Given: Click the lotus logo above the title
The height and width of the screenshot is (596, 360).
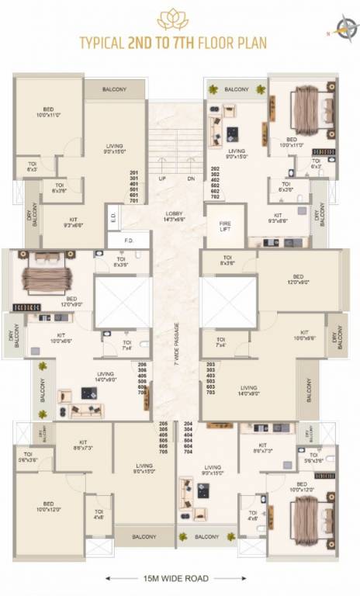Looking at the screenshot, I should [x=173, y=19].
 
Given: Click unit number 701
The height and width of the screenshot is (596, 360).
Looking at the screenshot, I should [x=134, y=201].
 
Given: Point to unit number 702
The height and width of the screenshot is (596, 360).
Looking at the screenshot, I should [x=215, y=199].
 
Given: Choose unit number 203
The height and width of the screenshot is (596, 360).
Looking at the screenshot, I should [x=209, y=365].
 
